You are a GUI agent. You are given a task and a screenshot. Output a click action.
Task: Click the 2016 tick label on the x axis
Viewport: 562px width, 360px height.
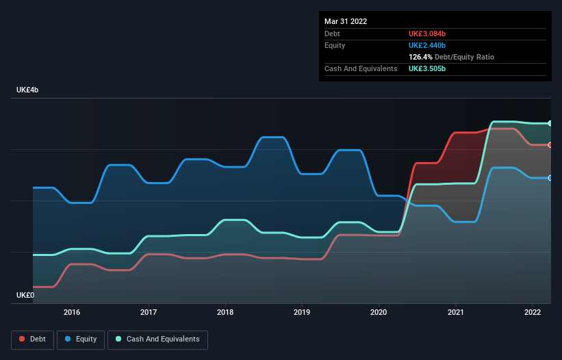[x=72, y=312]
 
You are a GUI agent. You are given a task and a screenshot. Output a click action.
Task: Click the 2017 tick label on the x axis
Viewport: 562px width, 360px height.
[x=149, y=312]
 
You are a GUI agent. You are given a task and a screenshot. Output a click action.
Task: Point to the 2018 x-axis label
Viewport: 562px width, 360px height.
[x=225, y=312]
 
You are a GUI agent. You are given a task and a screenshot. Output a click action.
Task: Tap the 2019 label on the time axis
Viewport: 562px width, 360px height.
[x=302, y=312]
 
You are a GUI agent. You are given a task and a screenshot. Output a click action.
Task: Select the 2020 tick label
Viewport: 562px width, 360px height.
[x=379, y=312]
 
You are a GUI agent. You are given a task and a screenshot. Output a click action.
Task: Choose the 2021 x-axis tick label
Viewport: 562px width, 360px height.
[x=455, y=312]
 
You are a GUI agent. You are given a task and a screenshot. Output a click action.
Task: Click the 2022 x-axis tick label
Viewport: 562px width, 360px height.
[x=532, y=312]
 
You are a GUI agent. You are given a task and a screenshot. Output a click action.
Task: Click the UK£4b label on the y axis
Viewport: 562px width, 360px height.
[x=28, y=90]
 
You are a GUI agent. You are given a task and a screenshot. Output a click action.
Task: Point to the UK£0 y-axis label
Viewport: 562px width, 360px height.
[x=25, y=295]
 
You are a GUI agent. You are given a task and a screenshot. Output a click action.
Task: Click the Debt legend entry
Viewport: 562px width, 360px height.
[x=33, y=339]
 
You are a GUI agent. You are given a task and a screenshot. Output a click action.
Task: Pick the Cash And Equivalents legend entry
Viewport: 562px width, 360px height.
[x=157, y=339]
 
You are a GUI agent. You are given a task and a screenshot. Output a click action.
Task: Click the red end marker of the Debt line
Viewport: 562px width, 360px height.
[x=550, y=145]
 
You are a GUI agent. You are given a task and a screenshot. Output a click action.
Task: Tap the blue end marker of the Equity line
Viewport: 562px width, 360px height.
[x=550, y=178]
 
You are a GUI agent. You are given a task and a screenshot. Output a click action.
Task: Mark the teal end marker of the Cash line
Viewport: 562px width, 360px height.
[x=550, y=123]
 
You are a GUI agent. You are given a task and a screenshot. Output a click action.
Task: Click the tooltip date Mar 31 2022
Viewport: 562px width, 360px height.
[x=346, y=21]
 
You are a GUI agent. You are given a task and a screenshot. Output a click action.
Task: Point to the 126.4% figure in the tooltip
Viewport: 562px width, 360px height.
[x=421, y=57]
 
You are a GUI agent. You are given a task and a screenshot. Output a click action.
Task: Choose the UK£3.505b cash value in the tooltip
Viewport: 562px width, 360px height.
[x=427, y=69]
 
